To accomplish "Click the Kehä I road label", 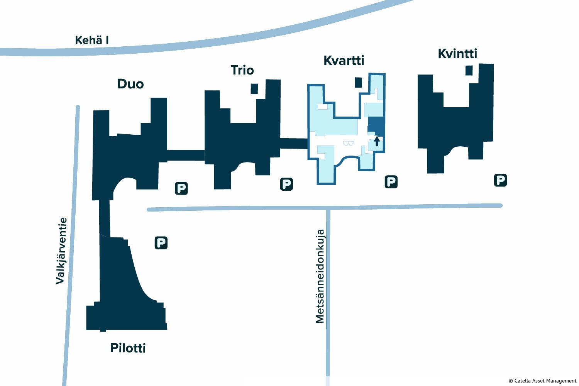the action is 92,40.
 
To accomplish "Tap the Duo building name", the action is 130,84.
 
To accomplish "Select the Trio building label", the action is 242,70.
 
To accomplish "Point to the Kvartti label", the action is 344,60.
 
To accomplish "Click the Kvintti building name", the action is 457,54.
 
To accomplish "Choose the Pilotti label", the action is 128,348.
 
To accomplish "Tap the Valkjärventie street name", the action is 61,251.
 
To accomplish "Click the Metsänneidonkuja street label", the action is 320,276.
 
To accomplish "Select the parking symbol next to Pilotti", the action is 161,243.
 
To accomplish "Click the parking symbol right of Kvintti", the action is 500,180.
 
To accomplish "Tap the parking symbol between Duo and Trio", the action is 181,188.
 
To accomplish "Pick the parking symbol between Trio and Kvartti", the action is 287,185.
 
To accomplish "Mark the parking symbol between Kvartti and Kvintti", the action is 391,182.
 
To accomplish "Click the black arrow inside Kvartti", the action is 377,141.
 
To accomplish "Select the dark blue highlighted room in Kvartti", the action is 376,126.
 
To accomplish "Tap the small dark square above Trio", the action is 254,89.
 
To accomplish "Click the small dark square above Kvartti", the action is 358,83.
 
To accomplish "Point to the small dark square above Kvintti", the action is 469,70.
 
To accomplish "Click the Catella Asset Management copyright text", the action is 543,381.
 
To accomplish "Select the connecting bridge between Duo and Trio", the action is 186,156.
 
